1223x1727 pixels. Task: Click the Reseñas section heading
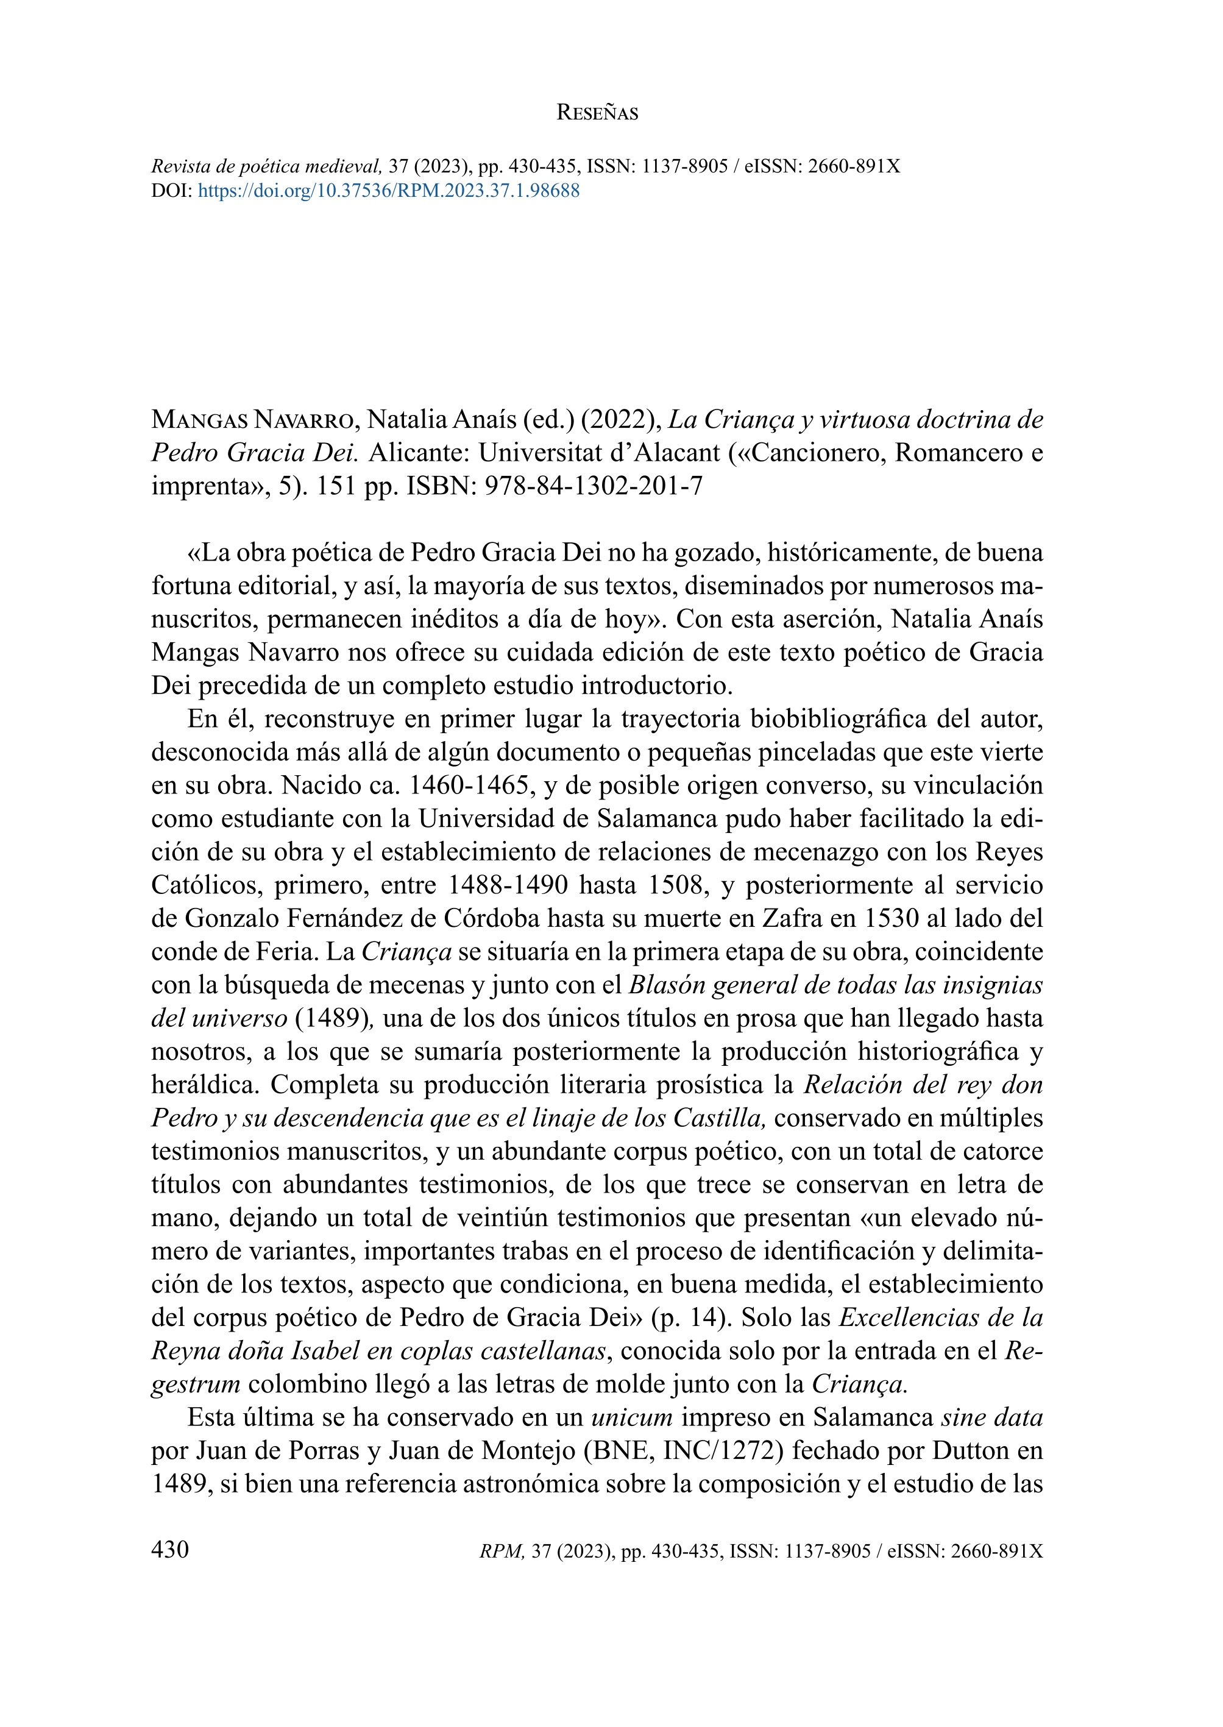(x=597, y=113)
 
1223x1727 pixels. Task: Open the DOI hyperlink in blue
(x=389, y=191)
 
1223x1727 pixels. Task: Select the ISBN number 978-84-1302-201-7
(x=594, y=486)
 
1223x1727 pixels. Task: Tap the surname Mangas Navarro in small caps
(x=252, y=419)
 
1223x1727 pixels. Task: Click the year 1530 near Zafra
(x=892, y=918)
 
